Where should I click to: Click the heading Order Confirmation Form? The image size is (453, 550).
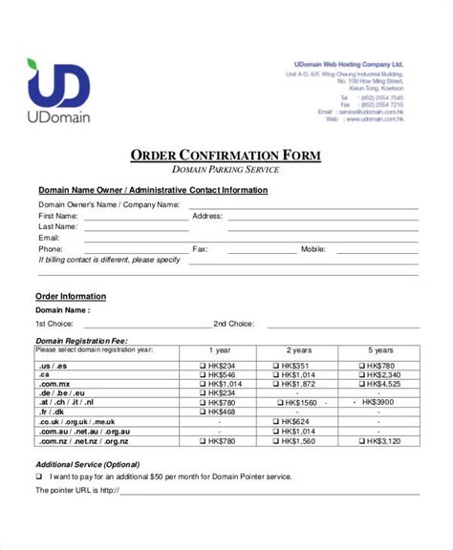[226, 156]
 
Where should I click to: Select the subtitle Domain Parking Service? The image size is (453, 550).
[226, 170]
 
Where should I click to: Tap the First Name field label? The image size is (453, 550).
[58, 216]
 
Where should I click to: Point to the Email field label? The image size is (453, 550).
[48, 238]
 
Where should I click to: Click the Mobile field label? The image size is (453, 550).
[313, 249]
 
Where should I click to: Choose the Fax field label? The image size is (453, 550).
[200, 249]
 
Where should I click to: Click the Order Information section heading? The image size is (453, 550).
[71, 296]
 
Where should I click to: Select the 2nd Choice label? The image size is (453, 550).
[232, 324]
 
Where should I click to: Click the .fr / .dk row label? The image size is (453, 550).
[52, 412]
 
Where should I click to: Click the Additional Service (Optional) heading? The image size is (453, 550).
[86, 463]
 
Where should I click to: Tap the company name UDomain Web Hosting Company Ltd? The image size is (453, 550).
[348, 65]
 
